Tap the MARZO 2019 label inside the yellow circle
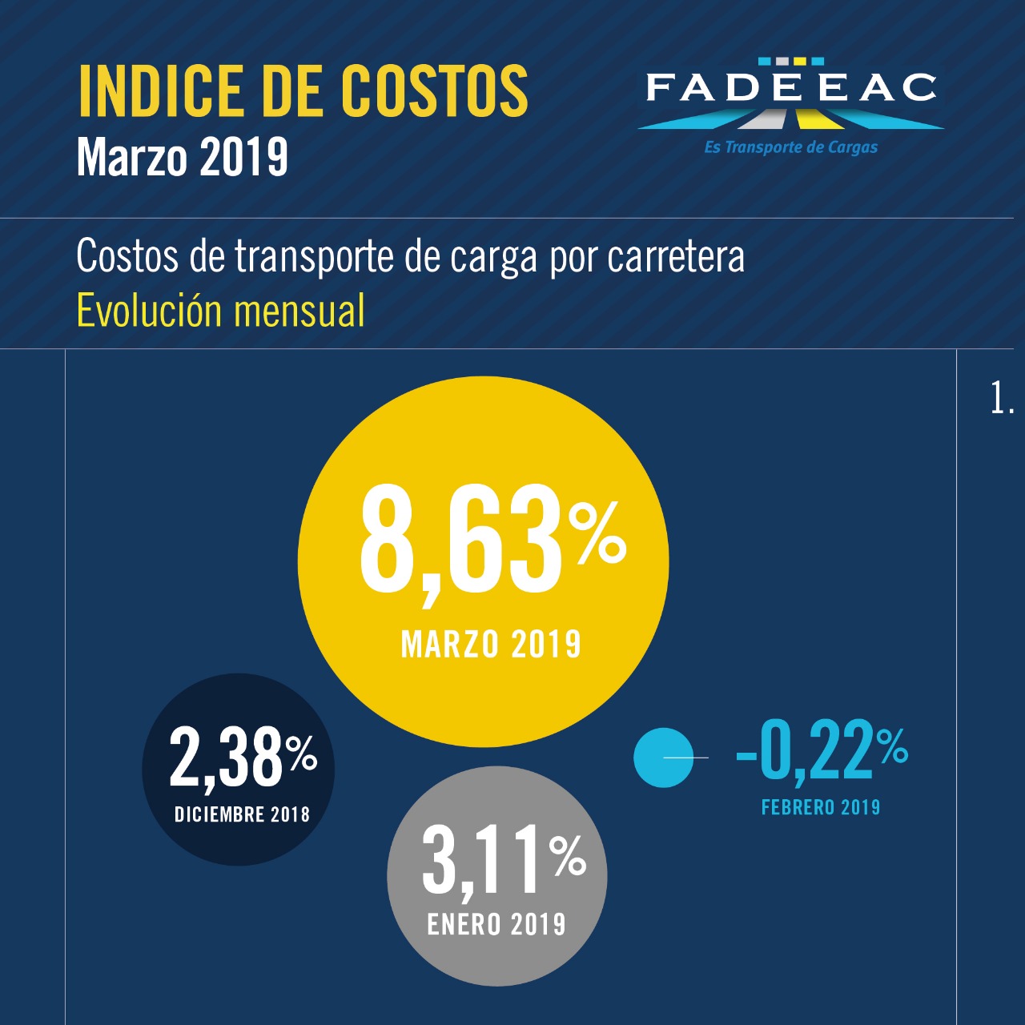490,645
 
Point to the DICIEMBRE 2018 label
242,815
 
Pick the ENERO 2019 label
496,925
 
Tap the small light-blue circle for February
662,758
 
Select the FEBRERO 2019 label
821,807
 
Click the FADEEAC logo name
791,88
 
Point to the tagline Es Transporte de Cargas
791,147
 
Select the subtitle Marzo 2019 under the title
183,157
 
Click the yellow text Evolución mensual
220,311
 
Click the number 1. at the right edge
1002,398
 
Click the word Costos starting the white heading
127,256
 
